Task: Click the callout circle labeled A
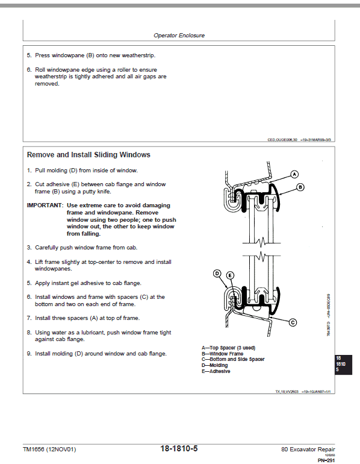(x=294, y=174)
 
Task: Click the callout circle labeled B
(x=300, y=187)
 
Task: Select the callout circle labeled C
(x=293, y=322)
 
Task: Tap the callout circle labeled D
(x=217, y=274)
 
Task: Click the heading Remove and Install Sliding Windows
(x=88, y=155)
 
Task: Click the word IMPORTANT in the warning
(x=45, y=205)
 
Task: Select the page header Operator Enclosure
(x=179, y=36)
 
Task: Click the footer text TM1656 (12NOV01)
(x=49, y=450)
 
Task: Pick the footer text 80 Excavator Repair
(x=308, y=450)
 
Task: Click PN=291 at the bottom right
(x=326, y=460)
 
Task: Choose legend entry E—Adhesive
(x=216, y=371)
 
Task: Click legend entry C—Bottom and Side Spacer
(x=232, y=360)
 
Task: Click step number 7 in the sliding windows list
(x=29, y=318)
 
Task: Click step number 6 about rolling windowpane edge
(x=29, y=70)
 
